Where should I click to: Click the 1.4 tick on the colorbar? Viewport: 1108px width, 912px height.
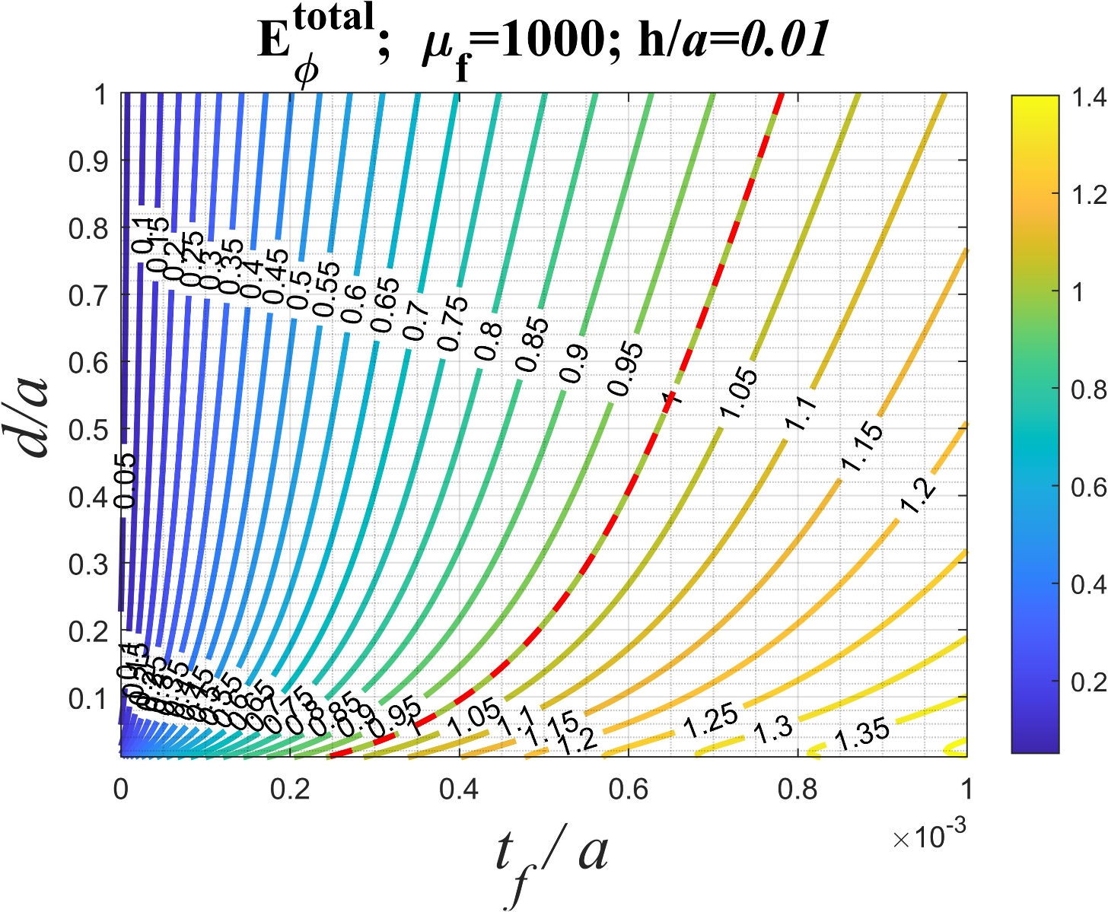tap(1084, 97)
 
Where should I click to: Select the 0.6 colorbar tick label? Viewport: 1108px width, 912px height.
tap(1084, 488)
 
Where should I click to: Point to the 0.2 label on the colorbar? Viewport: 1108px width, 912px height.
tap(1084, 682)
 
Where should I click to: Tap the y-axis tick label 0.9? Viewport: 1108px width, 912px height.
tap(88, 161)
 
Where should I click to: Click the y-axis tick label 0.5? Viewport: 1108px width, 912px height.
tap(88, 430)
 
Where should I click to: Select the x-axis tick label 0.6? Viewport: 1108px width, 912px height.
tap(629, 790)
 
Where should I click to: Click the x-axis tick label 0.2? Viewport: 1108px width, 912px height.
tap(290, 790)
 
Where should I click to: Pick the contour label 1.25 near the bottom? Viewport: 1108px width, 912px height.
tap(710, 721)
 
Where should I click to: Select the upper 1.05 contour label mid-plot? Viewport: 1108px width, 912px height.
tap(738, 394)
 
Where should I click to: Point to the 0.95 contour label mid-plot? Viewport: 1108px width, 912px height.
tap(626, 369)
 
